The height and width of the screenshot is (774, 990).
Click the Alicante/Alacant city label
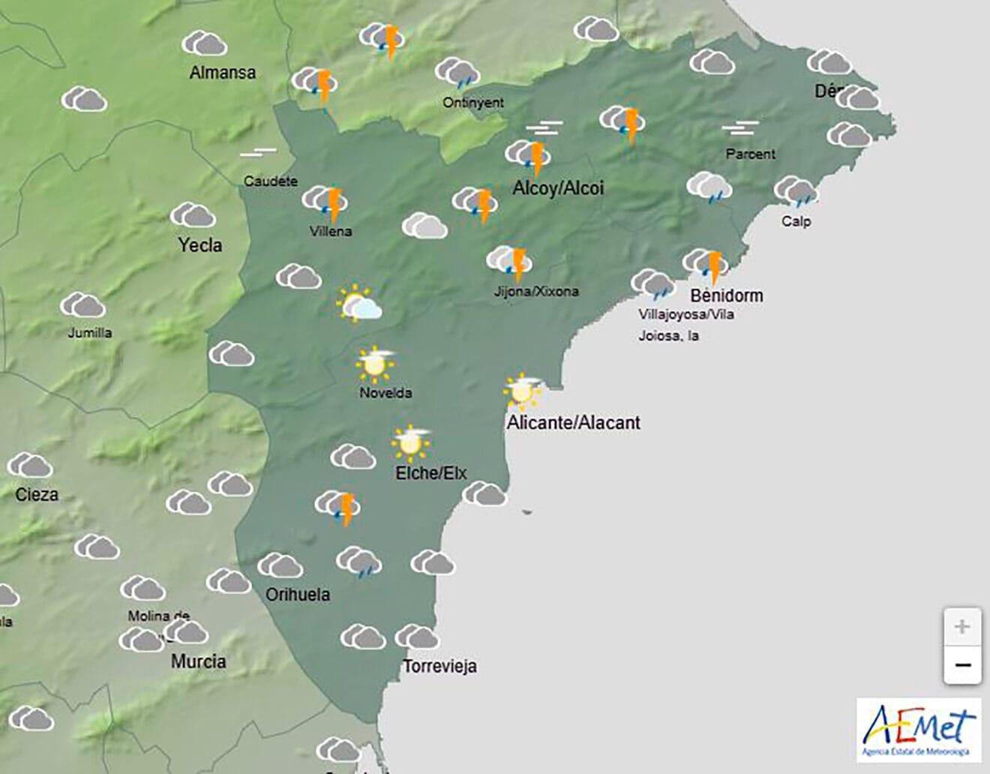coord(574,422)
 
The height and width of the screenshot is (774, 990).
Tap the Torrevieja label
coord(439,666)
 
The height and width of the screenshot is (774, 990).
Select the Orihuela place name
coord(298,594)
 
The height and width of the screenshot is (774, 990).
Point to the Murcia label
coord(198,661)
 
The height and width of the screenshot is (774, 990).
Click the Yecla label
coord(200,244)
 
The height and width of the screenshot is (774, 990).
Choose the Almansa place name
coord(222,73)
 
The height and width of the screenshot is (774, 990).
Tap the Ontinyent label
coord(473,103)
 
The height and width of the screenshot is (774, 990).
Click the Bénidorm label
coord(727,295)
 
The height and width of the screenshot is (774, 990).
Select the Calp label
coord(796,221)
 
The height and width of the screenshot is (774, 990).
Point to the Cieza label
coord(37,494)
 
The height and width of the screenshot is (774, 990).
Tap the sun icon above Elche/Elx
coord(410,442)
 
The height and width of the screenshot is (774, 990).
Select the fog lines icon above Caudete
coord(259,153)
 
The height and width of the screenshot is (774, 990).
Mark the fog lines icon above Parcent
coord(740,128)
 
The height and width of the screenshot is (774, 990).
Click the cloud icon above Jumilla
coord(82,305)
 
